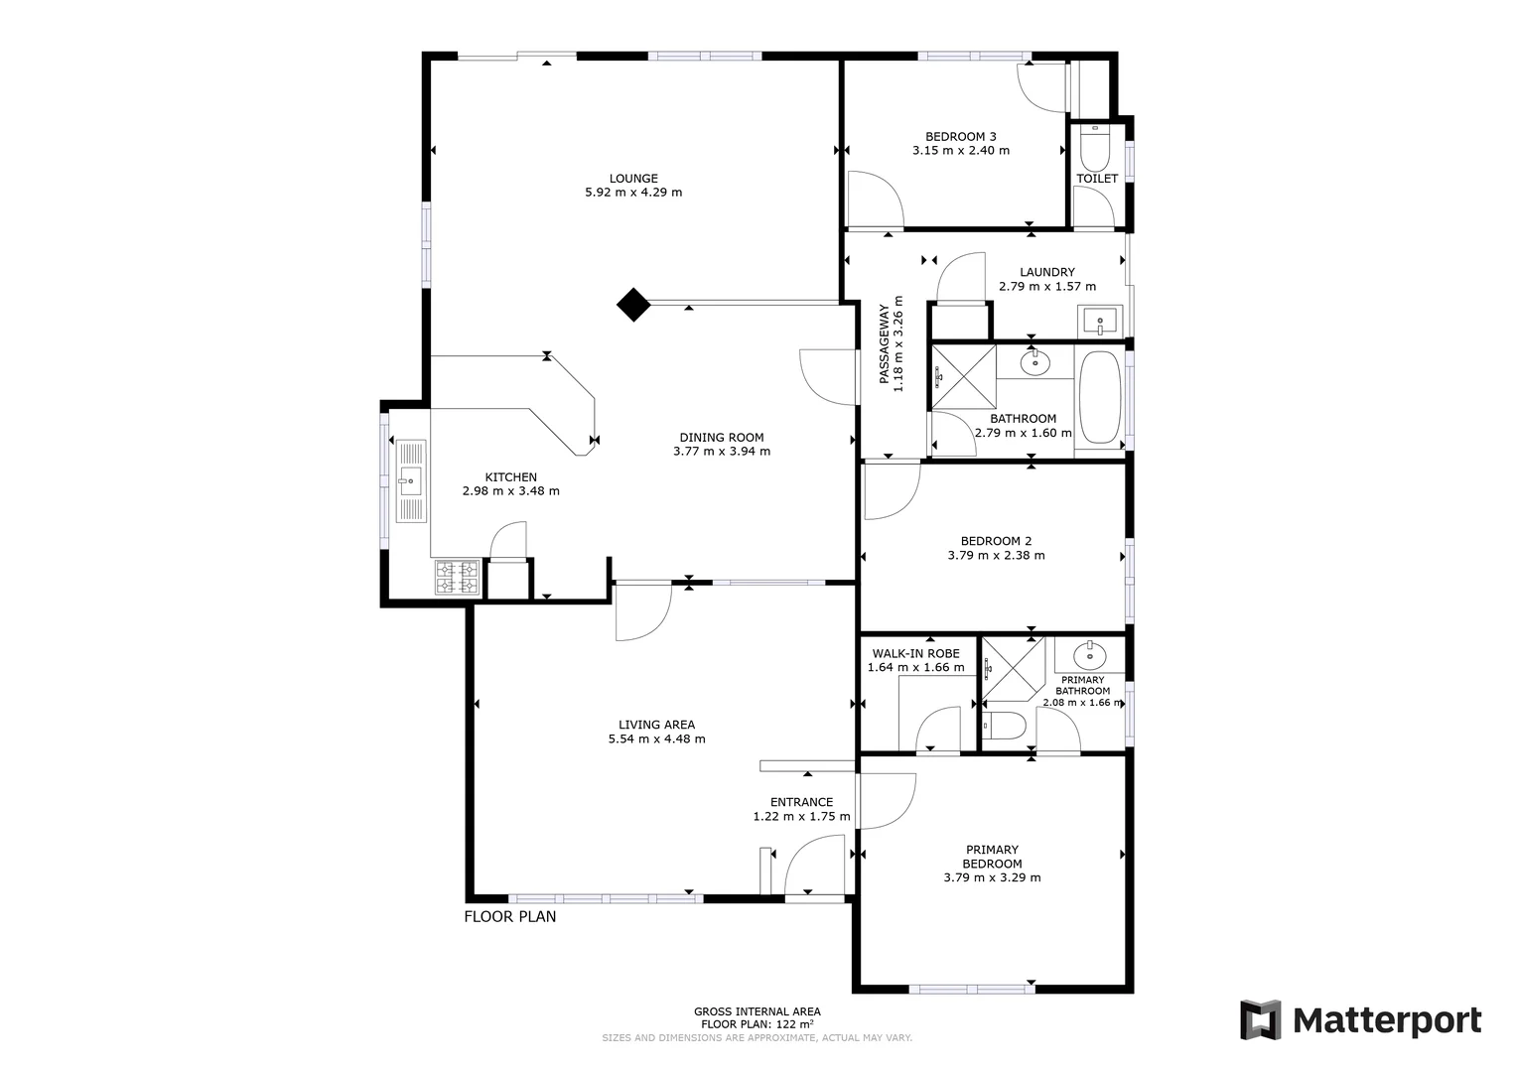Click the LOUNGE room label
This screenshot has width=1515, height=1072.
point(633,179)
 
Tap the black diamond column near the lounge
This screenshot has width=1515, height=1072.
point(632,305)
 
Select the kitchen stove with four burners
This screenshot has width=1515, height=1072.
point(457,578)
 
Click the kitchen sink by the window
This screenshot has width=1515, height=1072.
point(410,482)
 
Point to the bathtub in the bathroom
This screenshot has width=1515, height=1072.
point(1099,397)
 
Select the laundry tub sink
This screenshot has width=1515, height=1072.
point(1098,322)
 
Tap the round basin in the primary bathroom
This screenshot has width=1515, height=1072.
point(1089,653)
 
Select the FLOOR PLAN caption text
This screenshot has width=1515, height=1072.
point(510,916)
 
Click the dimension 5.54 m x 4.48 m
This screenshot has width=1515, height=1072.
point(656,738)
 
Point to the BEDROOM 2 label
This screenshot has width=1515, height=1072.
point(996,541)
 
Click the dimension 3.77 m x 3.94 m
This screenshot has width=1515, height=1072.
point(721,452)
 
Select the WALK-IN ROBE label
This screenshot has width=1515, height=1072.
point(915,653)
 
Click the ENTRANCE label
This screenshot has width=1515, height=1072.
point(801,802)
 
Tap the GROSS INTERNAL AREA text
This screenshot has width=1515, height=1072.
point(757,1011)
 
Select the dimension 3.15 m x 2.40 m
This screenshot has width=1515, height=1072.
point(960,151)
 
